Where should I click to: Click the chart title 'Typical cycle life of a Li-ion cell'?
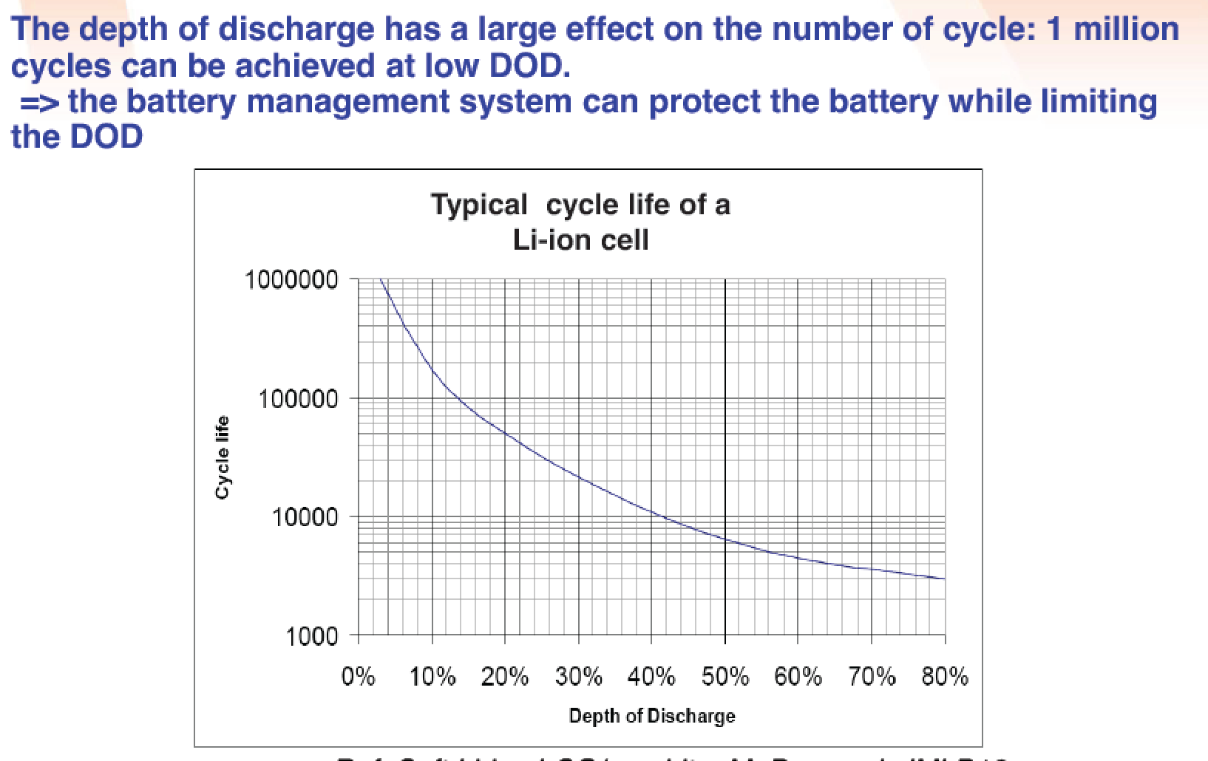click(x=580, y=222)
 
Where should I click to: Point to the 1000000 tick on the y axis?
click(x=291, y=280)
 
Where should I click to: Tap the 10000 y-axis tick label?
click(x=304, y=517)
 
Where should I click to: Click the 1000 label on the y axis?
click(x=311, y=636)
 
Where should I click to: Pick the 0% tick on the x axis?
click(x=359, y=677)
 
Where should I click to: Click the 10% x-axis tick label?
click(x=432, y=677)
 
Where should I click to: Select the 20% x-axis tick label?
click(x=505, y=677)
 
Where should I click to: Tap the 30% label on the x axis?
click(x=579, y=677)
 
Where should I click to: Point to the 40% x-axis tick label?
click(x=651, y=677)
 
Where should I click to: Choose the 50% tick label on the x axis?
click(x=725, y=677)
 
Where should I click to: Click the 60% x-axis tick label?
click(x=798, y=677)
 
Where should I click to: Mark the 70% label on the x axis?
click(x=872, y=677)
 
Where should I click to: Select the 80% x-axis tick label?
click(x=945, y=677)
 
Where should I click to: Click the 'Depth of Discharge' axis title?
click(x=652, y=716)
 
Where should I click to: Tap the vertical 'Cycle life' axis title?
click(x=221, y=457)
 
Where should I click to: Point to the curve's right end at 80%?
click(x=944, y=579)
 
